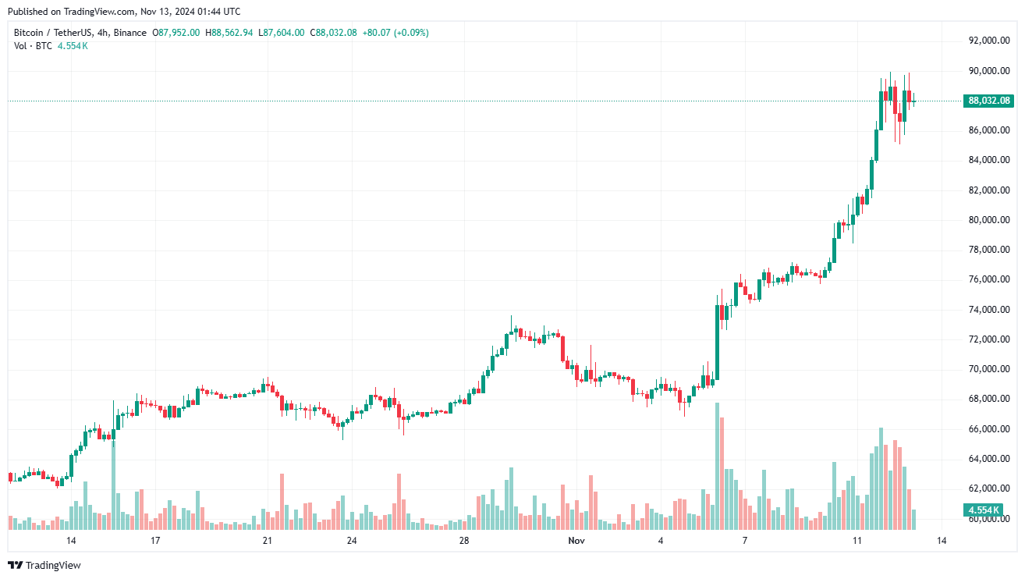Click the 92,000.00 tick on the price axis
click(x=989, y=41)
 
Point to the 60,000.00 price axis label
click(x=989, y=518)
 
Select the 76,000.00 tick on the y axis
click(x=989, y=279)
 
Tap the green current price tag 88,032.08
click(x=989, y=101)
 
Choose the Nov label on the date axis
click(x=576, y=541)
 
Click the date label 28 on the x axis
click(x=464, y=541)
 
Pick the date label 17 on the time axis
click(x=155, y=541)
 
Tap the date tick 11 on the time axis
click(x=857, y=541)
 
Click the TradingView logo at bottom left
click(x=44, y=565)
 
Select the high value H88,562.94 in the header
click(x=229, y=33)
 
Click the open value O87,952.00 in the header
click(x=176, y=33)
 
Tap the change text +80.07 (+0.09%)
click(x=395, y=33)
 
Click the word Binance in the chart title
click(x=129, y=33)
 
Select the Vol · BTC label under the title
click(x=34, y=46)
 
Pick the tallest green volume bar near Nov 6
click(x=717, y=467)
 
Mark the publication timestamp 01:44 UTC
click(x=218, y=12)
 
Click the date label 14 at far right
click(x=942, y=541)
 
